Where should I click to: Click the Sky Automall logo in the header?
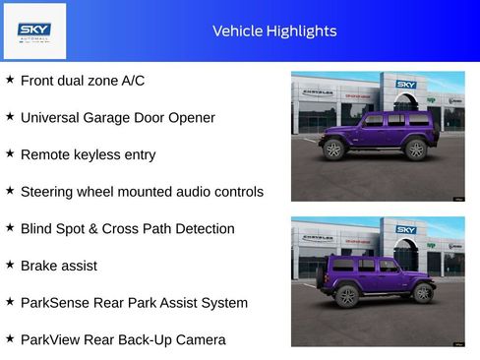tap(34, 30)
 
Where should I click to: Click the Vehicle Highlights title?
tap(274, 31)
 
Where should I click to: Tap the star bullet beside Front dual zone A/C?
tap(10, 80)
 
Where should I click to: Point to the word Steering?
tap(49, 192)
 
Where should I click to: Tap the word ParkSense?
tap(55, 303)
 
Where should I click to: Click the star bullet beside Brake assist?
tap(10, 265)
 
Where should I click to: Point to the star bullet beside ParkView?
tap(10, 338)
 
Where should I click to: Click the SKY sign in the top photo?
tap(406, 85)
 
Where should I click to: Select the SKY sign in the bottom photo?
tap(406, 230)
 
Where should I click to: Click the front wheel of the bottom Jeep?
tap(424, 293)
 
